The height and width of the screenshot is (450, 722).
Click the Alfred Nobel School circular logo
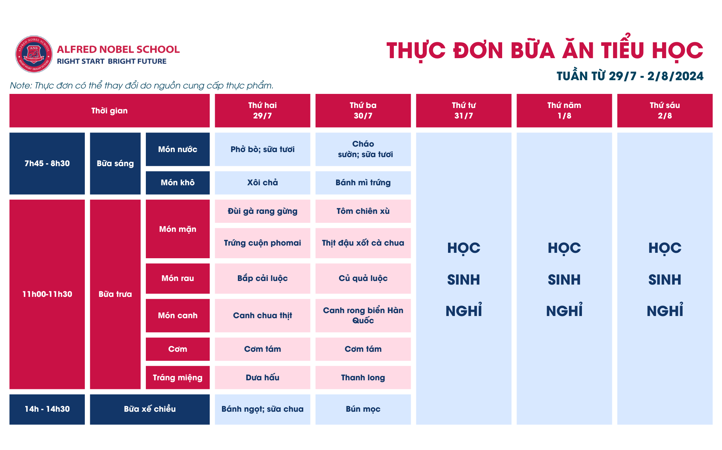34,54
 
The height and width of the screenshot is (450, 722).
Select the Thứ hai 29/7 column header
262,111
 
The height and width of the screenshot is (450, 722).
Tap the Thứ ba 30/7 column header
363,111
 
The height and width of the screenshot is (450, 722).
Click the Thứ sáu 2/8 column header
665,111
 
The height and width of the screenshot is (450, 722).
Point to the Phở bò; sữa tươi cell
262,149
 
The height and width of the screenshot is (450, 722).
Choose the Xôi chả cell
262,183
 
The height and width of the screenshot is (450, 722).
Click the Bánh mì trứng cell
363,183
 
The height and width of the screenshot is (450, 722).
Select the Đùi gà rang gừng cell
262,211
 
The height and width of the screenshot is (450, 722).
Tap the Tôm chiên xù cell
363,211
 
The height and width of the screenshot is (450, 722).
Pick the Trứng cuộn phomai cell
262,243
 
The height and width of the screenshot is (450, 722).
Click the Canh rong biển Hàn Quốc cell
363,315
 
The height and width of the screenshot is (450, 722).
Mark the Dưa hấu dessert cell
262,377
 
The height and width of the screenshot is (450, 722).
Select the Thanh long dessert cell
363,377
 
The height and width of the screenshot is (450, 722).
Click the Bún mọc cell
363,409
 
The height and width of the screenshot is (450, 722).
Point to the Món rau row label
178,278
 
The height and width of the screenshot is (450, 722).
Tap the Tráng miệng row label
178,377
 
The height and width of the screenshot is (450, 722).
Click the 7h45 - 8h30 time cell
47,163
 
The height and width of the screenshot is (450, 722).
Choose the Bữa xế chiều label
150,409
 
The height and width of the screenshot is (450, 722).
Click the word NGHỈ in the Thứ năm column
564,310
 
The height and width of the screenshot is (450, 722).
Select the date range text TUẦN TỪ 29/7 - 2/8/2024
630,76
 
